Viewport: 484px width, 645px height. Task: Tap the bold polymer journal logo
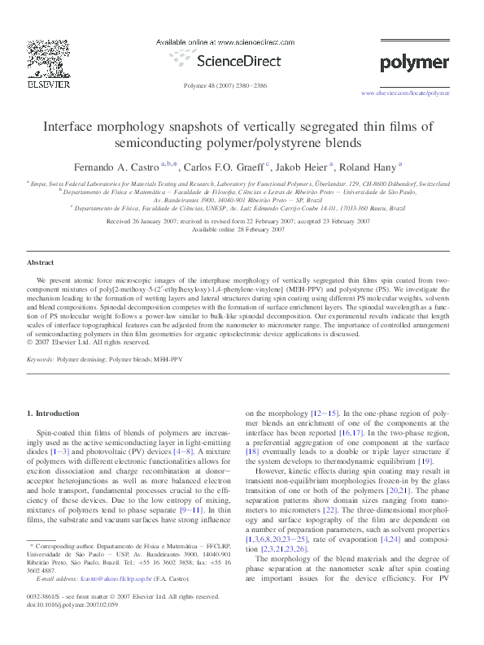pyautogui.click(x=414, y=63)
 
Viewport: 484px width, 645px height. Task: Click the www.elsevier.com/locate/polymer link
pyautogui.click(x=404, y=93)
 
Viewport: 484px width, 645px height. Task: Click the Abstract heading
pyautogui.click(x=41, y=263)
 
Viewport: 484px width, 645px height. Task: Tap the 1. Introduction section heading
pyautogui.click(x=54, y=413)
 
